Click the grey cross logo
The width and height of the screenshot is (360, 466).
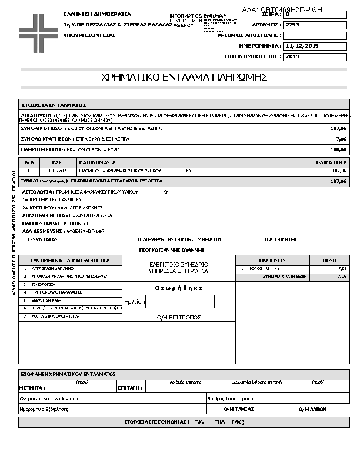[x=37, y=28]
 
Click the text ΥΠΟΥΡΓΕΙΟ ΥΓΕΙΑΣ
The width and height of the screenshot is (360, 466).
[x=89, y=35]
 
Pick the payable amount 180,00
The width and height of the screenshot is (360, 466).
[x=338, y=149]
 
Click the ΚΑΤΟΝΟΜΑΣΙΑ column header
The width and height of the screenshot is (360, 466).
[x=98, y=162]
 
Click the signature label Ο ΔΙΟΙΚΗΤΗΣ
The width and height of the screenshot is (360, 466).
[x=281, y=239]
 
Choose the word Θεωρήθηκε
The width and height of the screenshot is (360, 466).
[x=179, y=288]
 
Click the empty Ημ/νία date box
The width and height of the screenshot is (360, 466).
[x=179, y=302]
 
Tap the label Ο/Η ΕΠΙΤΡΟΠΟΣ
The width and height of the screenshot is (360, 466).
[x=179, y=317]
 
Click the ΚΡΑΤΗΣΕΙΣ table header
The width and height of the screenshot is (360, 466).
[x=272, y=260]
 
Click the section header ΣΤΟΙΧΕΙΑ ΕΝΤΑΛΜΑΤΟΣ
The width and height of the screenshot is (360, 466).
[x=54, y=104]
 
